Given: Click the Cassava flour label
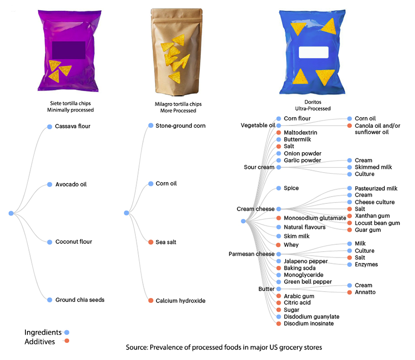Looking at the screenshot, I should pos(73,127).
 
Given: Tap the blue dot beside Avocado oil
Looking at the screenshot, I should pos(49,184).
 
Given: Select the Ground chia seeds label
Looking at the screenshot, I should pos(80,300).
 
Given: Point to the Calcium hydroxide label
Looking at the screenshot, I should pos(180,301).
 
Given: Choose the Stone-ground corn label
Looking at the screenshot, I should pos(180,126).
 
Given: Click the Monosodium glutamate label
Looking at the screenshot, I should pos(315,218).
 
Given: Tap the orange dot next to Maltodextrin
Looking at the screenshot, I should pos(278,133).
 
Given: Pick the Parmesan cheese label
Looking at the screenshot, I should pos(252,254).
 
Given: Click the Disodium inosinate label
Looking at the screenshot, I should pos(309,323).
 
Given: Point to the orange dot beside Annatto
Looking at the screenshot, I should pos(349,292).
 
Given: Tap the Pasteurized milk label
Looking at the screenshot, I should pos(376,188).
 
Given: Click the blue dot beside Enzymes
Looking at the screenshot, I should pos(349,264).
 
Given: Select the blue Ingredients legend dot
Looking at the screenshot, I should pos(67,333).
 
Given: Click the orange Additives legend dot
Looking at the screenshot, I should pos(67,341).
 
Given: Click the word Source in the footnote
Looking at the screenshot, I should pos(140,348).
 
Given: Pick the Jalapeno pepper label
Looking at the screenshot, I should pos(306,261).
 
